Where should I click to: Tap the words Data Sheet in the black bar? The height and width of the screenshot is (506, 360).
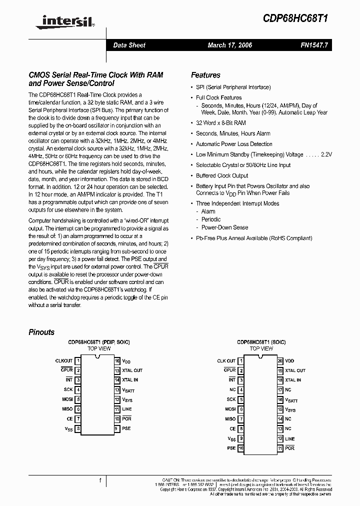click(129, 45)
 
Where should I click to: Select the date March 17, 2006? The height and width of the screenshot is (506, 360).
click(229, 45)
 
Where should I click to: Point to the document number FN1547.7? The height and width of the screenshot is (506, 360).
click(314, 45)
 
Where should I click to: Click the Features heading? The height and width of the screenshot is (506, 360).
click(205, 75)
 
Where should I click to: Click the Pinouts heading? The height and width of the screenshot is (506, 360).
click(41, 332)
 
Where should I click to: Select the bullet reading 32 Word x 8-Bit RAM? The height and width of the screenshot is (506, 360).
click(220, 122)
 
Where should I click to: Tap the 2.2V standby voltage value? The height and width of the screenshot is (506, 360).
click(326, 154)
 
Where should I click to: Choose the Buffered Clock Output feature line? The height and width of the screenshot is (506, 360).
click(222, 175)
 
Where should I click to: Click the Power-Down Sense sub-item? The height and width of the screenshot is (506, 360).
click(224, 227)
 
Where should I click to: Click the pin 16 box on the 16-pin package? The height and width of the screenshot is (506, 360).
click(117, 360)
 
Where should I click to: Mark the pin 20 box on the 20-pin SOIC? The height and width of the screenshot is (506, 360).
click(280, 360)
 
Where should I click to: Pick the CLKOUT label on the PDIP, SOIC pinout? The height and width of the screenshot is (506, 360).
click(63, 360)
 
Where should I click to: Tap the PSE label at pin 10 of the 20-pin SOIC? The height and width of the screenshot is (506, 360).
click(231, 448)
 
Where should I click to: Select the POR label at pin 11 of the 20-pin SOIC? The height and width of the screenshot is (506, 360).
click(289, 448)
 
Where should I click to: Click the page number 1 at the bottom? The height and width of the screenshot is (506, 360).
click(100, 480)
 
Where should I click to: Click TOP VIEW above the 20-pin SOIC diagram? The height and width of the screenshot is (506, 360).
click(261, 348)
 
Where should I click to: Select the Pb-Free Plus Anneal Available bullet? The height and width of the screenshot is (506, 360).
click(254, 238)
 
